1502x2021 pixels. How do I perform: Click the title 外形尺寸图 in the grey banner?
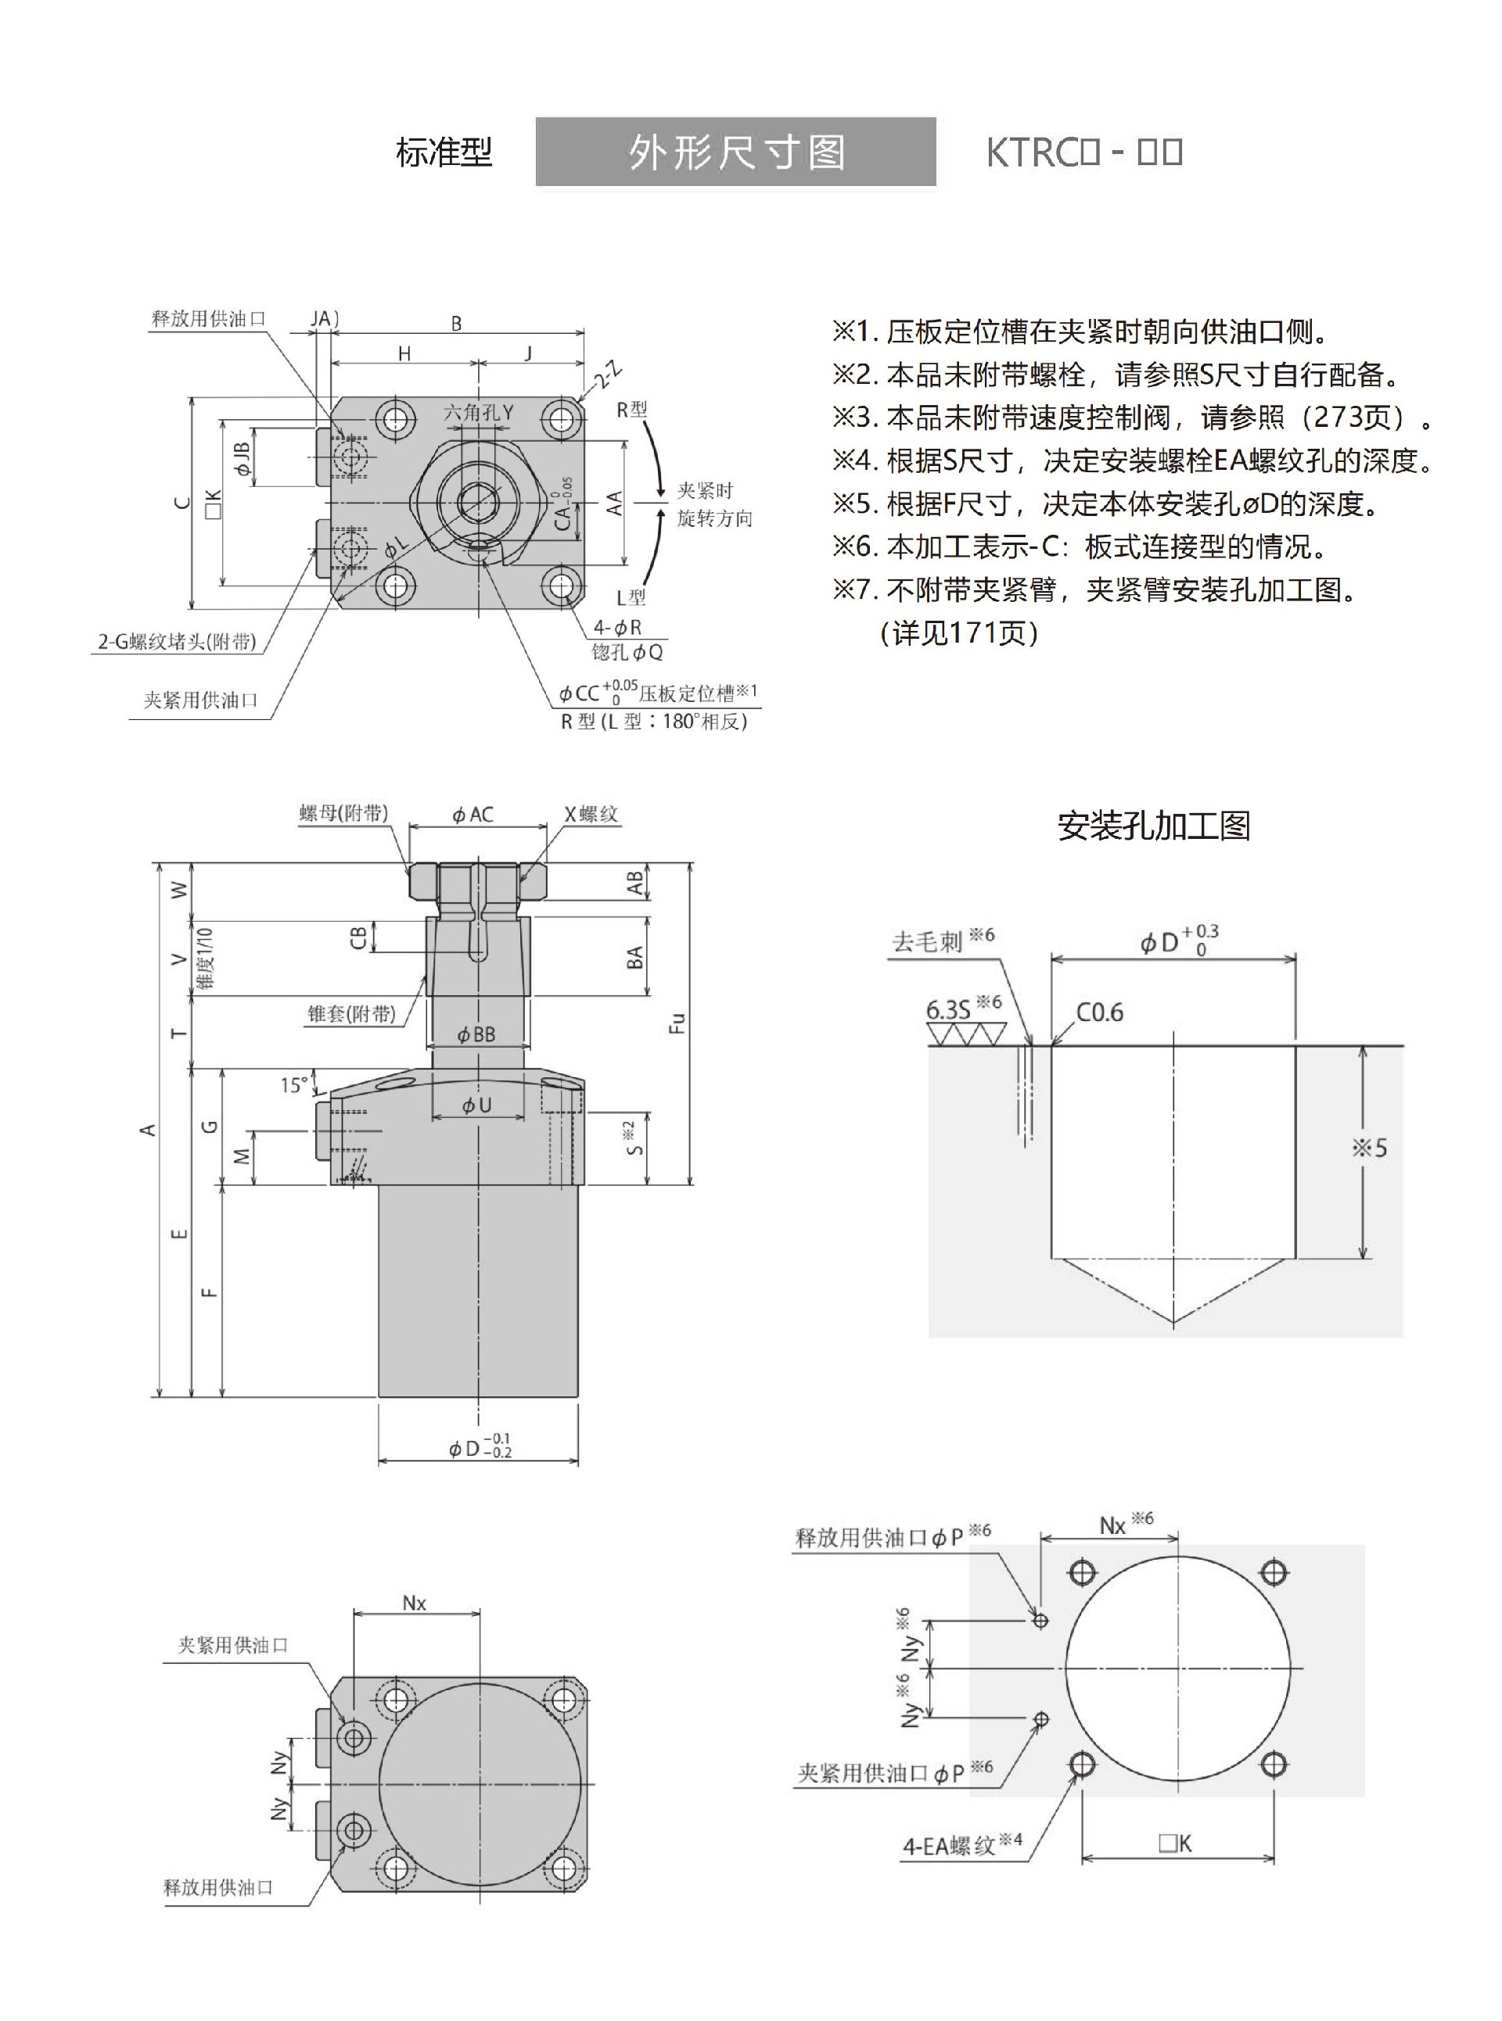point(735,152)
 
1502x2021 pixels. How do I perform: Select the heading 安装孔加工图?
point(1154,825)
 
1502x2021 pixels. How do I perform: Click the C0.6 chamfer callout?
point(1099,1012)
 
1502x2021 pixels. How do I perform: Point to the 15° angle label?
point(293,1084)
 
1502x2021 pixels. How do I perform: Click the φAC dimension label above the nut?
point(473,814)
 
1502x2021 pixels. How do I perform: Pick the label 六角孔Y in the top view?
point(478,412)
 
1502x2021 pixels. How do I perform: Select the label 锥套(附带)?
point(352,1012)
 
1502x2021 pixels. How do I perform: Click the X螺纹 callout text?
point(590,814)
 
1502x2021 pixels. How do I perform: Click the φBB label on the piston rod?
point(476,1034)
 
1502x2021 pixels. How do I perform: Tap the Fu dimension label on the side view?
point(677,1023)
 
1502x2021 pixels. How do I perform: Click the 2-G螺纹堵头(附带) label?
point(178,642)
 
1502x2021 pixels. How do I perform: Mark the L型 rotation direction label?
point(631,597)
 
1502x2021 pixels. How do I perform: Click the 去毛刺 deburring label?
point(927,941)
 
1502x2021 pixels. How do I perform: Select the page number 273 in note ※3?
point(1345,417)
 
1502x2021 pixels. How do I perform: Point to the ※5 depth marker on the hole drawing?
point(1369,1148)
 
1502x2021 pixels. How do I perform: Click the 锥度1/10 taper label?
point(207,958)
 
